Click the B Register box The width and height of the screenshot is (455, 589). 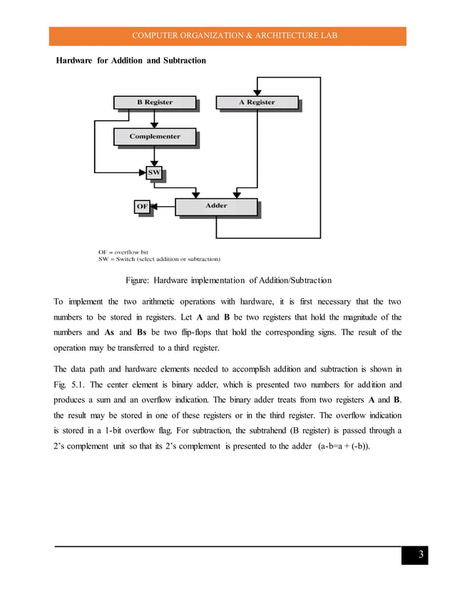coord(155,103)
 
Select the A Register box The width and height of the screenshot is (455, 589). coord(257,103)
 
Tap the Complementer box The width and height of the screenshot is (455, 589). coord(155,136)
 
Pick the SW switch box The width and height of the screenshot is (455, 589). coord(154,173)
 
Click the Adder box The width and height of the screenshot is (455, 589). coord(216,206)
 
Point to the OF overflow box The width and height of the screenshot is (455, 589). coord(142,207)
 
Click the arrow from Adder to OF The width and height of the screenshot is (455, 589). coord(164,207)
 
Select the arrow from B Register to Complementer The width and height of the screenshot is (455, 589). coord(155,119)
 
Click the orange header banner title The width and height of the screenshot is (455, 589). coord(227,36)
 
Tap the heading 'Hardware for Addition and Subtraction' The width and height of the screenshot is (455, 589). coord(131,61)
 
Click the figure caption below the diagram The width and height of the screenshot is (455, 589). coord(227,279)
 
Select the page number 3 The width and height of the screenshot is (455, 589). coord(421,555)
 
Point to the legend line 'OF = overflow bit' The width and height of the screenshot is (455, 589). coord(123,252)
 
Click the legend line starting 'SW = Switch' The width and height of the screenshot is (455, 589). coord(159,259)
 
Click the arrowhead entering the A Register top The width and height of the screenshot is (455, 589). coord(257,91)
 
